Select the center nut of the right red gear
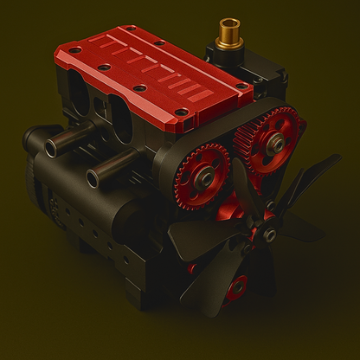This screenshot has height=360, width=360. pos(277,140)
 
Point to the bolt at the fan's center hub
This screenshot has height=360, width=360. pos(270,234)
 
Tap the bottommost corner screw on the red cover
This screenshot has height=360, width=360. pos(178,111)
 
